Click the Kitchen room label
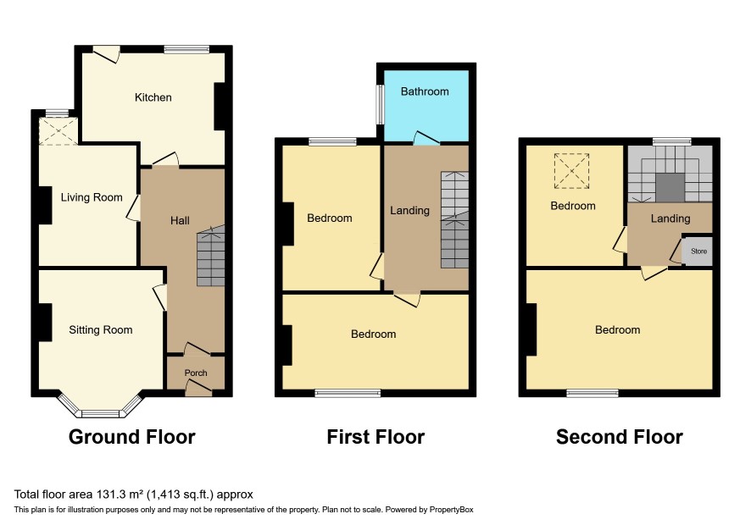pyautogui.click(x=153, y=97)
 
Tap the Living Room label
pyautogui.click(x=92, y=197)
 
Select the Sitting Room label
pyautogui.click(x=101, y=329)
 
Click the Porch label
pyautogui.click(x=196, y=373)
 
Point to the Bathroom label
pyautogui.click(x=425, y=91)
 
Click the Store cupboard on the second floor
pyautogui.click(x=698, y=251)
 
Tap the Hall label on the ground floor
pyautogui.click(x=180, y=221)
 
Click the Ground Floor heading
pyautogui.click(x=131, y=437)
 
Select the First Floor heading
pyautogui.click(x=375, y=437)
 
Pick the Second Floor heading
pyautogui.click(x=620, y=437)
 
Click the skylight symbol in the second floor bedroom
pyautogui.click(x=571, y=171)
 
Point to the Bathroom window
pyautogui.click(x=380, y=104)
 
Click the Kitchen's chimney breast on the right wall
pyautogui.click(x=220, y=107)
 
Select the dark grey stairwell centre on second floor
pyautogui.click(x=670, y=188)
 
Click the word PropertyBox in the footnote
pyautogui.click(x=451, y=510)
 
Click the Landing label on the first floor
pyautogui.click(x=409, y=211)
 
